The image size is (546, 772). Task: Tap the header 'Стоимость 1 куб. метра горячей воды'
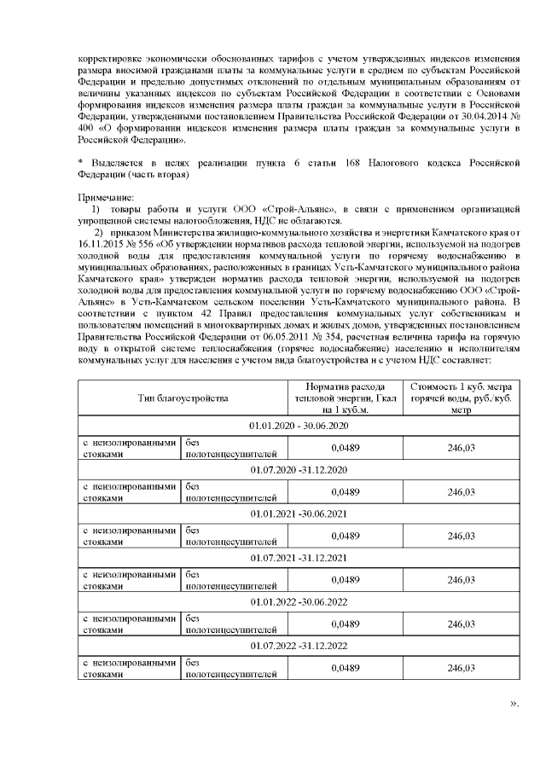click(x=460, y=398)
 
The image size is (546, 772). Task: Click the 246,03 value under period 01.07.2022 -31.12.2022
click(x=460, y=668)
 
